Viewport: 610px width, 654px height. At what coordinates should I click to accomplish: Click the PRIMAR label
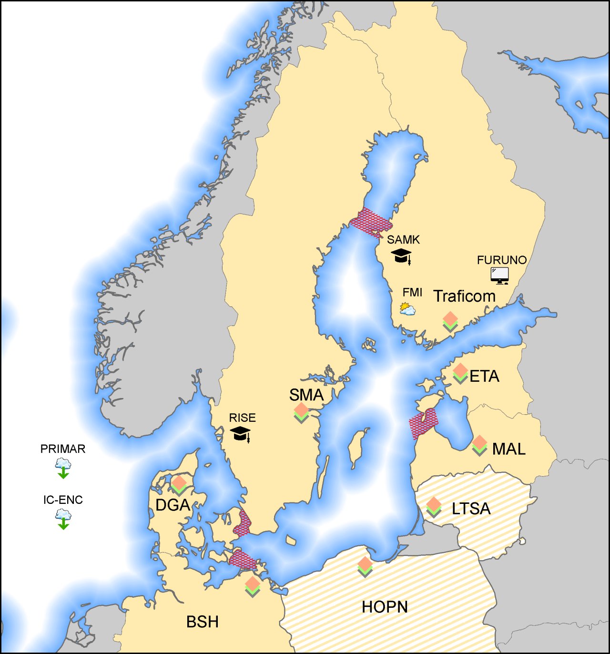pos(63,449)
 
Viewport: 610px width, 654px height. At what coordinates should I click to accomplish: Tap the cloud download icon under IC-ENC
pos(63,519)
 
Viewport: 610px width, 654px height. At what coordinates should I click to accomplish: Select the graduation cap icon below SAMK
pos(402,256)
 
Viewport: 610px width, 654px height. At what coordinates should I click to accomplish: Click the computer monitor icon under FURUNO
pos(499,276)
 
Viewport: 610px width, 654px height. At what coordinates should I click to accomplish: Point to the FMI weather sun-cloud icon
pos(407,308)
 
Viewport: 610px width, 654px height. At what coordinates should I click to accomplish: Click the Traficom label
pos(464,296)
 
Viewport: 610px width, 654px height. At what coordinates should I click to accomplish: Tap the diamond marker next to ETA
pos(460,373)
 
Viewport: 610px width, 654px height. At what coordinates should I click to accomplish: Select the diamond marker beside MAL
pos(479,445)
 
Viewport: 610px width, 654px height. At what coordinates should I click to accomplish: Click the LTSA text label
pos(471,509)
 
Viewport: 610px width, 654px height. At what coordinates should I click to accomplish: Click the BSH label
pos(203,622)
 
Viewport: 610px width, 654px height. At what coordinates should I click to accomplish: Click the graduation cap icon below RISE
pos(241,433)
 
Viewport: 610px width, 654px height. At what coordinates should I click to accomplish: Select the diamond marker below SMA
pos(301,412)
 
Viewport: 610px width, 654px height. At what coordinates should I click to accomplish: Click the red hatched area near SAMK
pos(371,222)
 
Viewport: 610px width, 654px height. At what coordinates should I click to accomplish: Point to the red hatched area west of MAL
pos(423,423)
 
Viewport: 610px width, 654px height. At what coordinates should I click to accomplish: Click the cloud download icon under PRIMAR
pos(63,468)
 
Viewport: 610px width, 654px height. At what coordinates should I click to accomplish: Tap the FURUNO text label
pos(502,260)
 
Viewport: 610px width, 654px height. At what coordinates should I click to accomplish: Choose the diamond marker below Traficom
pos(450,321)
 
